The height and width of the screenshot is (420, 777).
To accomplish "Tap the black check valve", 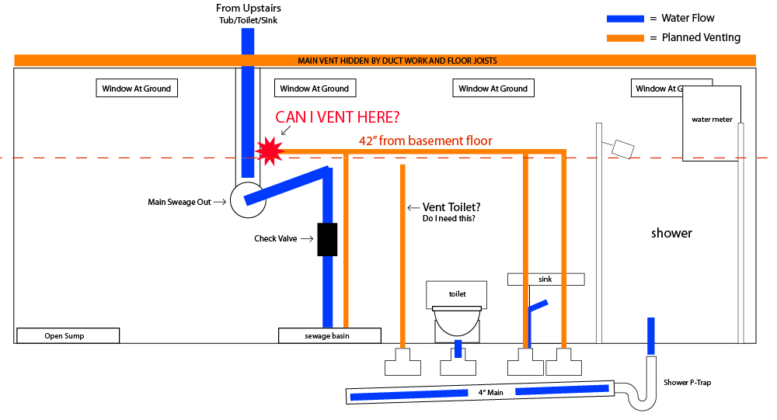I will [x=327, y=239].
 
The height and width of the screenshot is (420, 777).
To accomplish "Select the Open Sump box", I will [x=68, y=336].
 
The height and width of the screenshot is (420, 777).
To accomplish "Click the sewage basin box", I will [x=329, y=336].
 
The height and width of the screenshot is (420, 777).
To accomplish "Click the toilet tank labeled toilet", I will [x=457, y=294].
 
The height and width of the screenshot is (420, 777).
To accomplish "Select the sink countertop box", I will [x=545, y=279].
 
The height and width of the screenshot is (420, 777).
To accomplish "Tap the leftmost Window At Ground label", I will [x=136, y=89].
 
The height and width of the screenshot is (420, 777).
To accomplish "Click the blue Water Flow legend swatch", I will [x=626, y=19].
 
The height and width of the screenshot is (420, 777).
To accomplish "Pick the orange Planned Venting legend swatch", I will [x=626, y=37].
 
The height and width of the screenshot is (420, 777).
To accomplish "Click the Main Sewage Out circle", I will [x=249, y=202].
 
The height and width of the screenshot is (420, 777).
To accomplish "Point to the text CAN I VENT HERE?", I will [x=338, y=118].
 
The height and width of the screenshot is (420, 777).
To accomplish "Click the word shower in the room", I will [x=671, y=233].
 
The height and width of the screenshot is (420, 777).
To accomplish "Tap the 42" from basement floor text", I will [x=425, y=141].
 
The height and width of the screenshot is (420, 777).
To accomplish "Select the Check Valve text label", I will [x=275, y=239].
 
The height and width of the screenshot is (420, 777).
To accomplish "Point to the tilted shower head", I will [x=622, y=148].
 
